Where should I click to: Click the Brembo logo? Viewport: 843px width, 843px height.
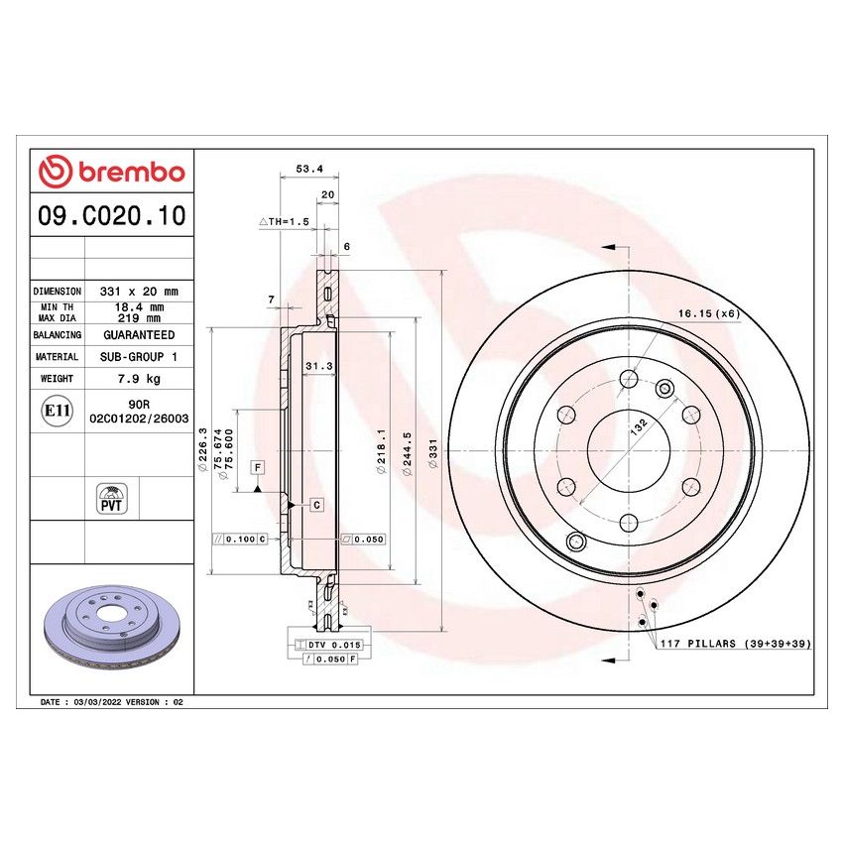coord(111,172)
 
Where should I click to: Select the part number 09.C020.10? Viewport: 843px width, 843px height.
coord(111,215)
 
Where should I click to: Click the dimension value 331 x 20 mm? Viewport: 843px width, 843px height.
coord(139,292)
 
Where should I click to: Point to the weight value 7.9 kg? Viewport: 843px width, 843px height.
coord(139,378)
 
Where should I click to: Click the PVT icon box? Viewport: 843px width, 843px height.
coord(112,498)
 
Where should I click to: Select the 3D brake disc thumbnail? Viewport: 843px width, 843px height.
coord(112,625)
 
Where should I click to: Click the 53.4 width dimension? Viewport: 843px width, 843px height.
coord(309,169)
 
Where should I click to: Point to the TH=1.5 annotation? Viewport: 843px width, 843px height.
coord(285,222)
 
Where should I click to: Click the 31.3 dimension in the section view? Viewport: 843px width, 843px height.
coord(317,366)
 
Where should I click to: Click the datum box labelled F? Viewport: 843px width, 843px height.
coord(256,467)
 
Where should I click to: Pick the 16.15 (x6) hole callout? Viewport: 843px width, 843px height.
coord(708,314)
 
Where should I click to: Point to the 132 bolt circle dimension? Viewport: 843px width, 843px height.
coord(640,428)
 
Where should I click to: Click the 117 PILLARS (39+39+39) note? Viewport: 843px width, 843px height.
coord(735,644)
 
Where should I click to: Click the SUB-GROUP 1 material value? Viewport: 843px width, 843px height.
coord(139,356)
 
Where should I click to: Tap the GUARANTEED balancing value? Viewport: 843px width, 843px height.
coord(139,335)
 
